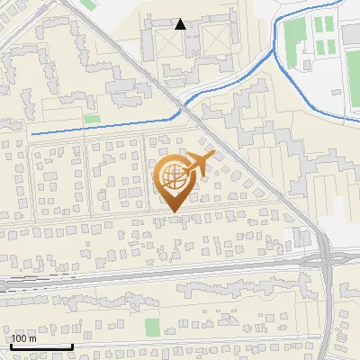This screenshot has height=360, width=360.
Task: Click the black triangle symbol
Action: (x=181, y=24)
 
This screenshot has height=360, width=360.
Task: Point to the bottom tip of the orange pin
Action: (x=173, y=212)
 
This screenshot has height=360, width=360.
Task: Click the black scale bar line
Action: (x=41, y=346)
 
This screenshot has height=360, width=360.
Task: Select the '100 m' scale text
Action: (x=23, y=338)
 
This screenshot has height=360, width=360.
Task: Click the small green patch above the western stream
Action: (x=92, y=118)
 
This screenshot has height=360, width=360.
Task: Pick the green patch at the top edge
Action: (x=88, y=4)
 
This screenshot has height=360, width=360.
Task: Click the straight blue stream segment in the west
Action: (x=99, y=127)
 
